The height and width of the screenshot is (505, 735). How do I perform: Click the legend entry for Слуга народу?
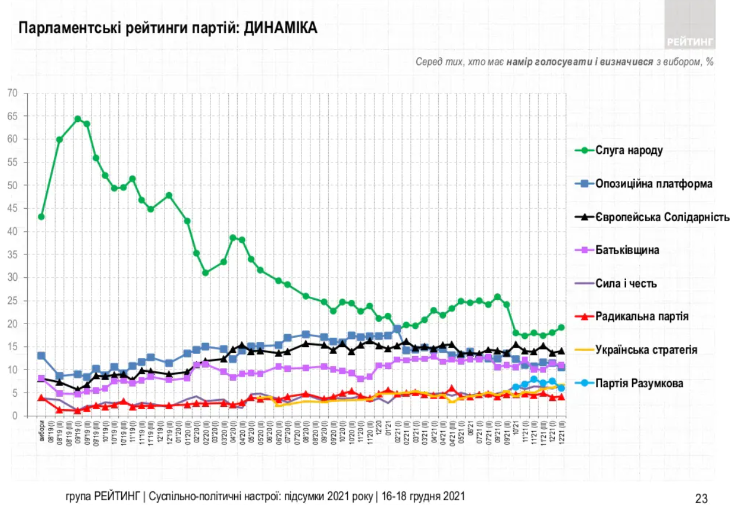628,150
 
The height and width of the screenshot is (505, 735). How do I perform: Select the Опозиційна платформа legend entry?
653,184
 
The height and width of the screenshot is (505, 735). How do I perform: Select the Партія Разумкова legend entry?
640,383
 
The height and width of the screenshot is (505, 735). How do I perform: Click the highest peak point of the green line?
77,119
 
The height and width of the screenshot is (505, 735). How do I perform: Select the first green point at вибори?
41,216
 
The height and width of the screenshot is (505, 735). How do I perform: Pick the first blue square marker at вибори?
41,355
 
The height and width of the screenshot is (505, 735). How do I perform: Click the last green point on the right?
561,328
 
